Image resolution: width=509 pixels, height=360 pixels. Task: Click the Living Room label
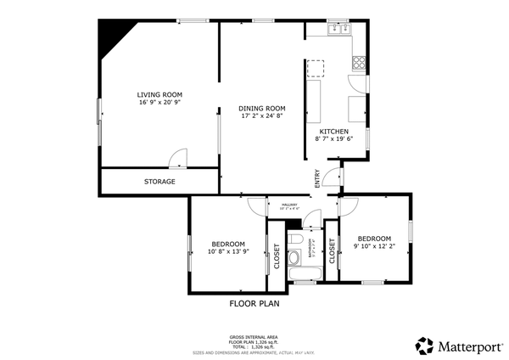point(160,94)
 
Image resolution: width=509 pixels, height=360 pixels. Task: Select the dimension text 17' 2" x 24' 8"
point(262,117)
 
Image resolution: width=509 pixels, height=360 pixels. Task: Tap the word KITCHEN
point(333,131)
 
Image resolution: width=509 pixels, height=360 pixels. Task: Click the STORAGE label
point(159,182)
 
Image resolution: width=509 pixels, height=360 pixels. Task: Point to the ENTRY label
point(317,178)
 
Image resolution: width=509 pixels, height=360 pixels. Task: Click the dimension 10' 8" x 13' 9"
point(228,251)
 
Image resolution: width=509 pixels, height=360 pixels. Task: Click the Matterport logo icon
point(425,346)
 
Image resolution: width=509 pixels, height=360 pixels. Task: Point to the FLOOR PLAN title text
point(255,303)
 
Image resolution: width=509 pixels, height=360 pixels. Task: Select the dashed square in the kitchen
point(316,67)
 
